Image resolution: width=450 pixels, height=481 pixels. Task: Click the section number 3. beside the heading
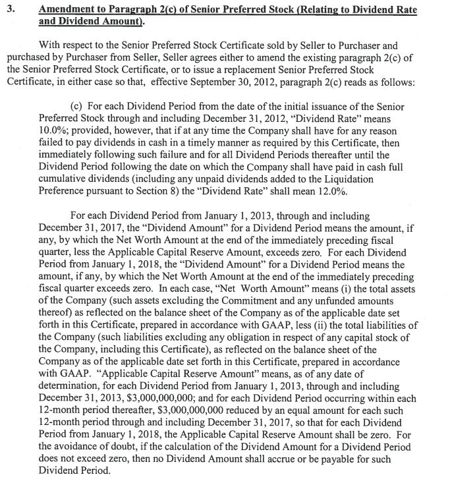[x=10, y=9]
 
